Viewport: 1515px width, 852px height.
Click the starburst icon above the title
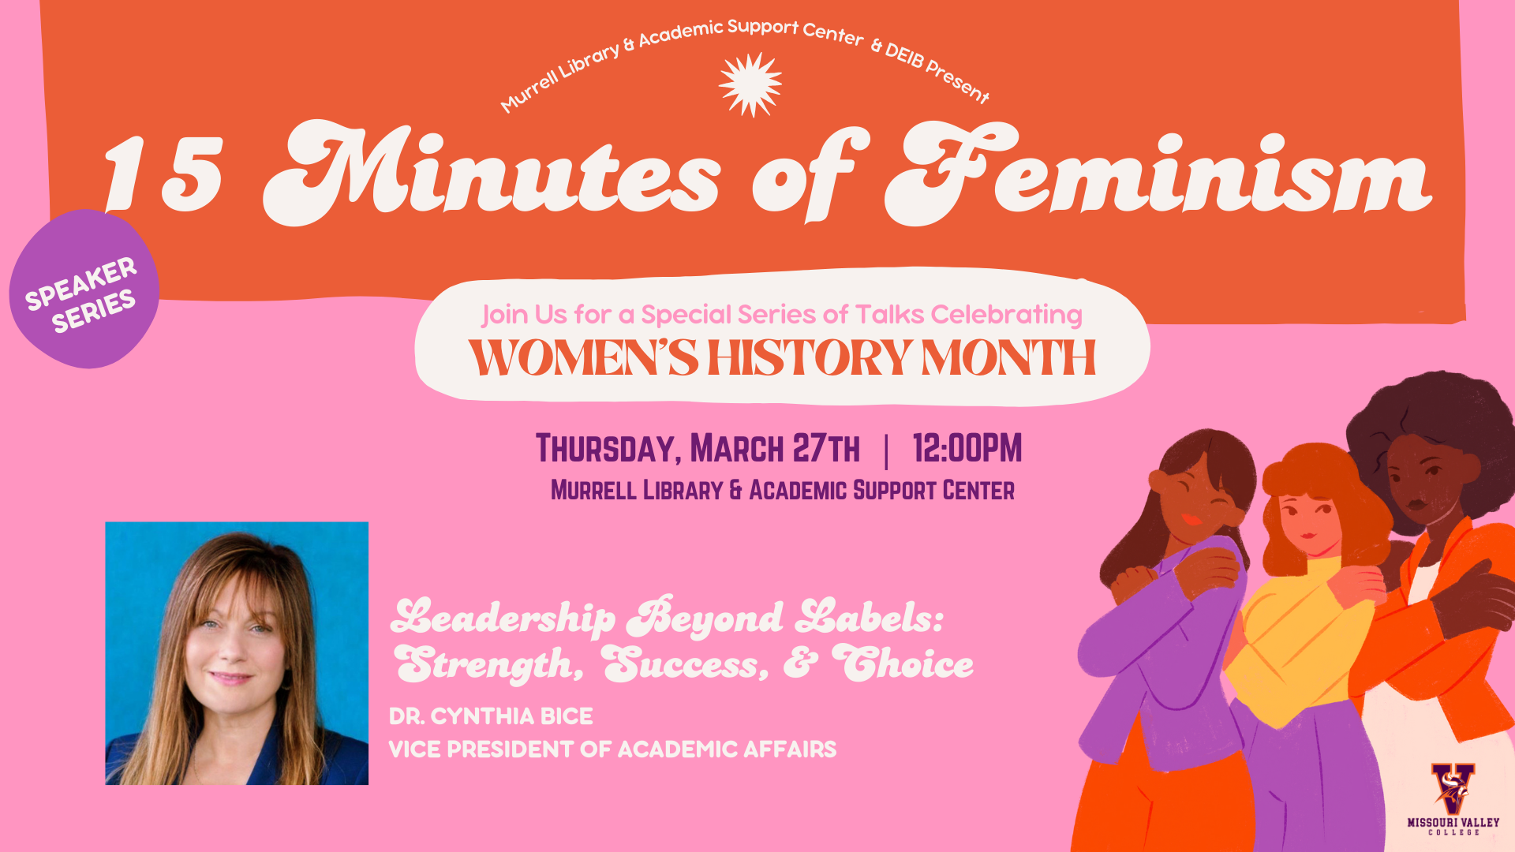click(750, 84)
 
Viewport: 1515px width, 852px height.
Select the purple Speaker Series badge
click(84, 289)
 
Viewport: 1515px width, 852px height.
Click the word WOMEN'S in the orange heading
click(583, 358)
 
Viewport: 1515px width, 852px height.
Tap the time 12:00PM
click(967, 448)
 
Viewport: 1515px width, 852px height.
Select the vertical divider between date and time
click(887, 451)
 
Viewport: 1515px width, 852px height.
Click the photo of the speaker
click(237, 653)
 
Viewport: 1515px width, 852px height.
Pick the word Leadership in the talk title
click(503, 618)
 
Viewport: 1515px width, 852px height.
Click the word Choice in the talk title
click(903, 663)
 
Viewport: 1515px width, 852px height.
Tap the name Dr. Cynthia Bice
click(491, 716)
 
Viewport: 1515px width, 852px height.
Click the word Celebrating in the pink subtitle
click(1007, 315)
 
